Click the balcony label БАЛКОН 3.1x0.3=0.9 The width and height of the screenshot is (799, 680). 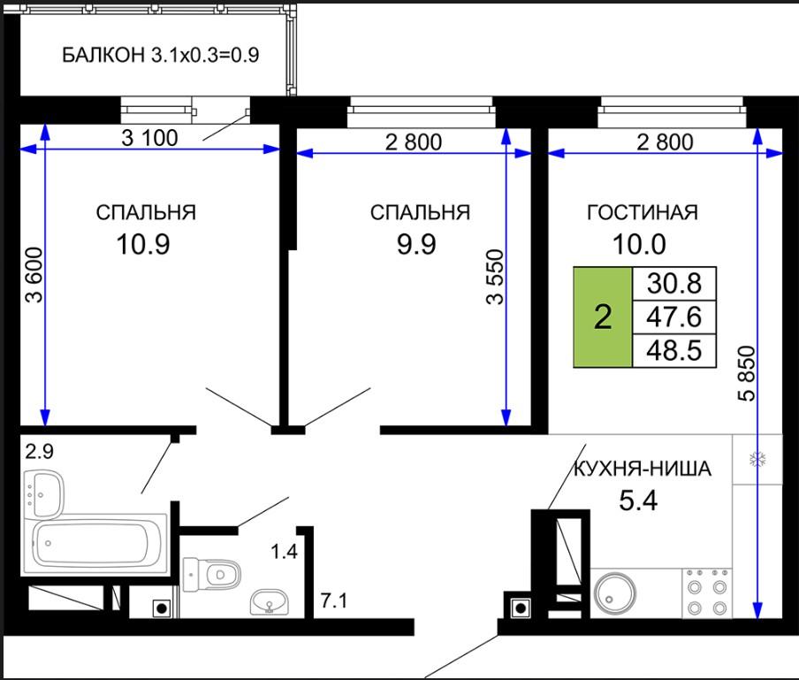click(161, 55)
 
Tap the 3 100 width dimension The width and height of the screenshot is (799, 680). click(149, 138)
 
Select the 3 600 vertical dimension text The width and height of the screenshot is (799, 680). click(34, 275)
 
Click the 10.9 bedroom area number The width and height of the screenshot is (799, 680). click(142, 244)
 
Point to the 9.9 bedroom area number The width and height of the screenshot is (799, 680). click(416, 244)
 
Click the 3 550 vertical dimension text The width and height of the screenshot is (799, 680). click(495, 277)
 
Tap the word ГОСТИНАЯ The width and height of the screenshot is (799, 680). click(642, 212)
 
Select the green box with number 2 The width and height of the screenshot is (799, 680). click(603, 317)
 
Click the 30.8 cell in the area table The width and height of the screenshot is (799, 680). click(674, 284)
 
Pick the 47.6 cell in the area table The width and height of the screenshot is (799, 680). click(674, 317)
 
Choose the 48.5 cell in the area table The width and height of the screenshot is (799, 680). click(674, 351)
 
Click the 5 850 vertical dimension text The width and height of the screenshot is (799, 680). click(748, 374)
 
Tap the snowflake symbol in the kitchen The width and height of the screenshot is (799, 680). click(757, 460)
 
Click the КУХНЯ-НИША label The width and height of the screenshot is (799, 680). click(642, 469)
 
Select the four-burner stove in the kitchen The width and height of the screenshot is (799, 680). click(707, 592)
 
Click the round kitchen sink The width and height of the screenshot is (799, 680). click(616, 593)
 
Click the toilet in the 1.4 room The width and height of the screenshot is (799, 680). click(211, 575)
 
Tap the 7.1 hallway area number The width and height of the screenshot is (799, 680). click(334, 600)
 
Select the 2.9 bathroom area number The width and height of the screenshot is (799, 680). click(39, 452)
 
